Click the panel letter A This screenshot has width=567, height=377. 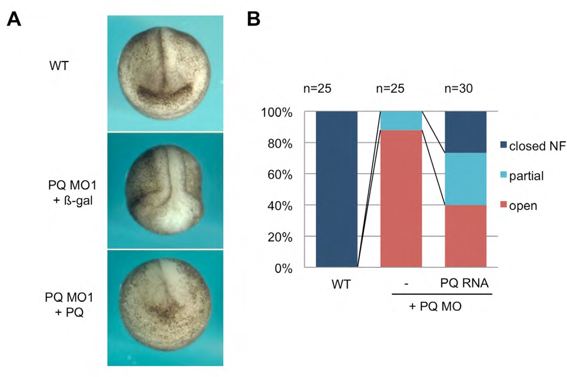(14, 19)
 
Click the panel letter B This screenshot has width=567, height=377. (254, 19)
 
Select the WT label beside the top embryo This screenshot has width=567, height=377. (59, 66)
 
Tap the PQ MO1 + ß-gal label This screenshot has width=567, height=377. (72, 193)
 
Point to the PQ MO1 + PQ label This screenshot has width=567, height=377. (69, 305)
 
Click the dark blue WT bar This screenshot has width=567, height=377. (336, 189)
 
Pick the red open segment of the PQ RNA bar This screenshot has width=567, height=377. (465, 236)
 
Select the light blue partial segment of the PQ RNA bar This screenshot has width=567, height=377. (465, 179)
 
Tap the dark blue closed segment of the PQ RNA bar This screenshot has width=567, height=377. (465, 132)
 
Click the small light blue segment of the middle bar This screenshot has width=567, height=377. (401, 120)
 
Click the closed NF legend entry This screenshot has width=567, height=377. (533, 146)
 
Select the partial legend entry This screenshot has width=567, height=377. (522, 176)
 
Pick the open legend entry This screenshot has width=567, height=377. (518, 206)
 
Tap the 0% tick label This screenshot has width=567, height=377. (283, 268)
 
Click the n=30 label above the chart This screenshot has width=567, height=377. (458, 88)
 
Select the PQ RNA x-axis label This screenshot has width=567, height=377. (464, 283)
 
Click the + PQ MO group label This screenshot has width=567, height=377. (435, 306)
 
